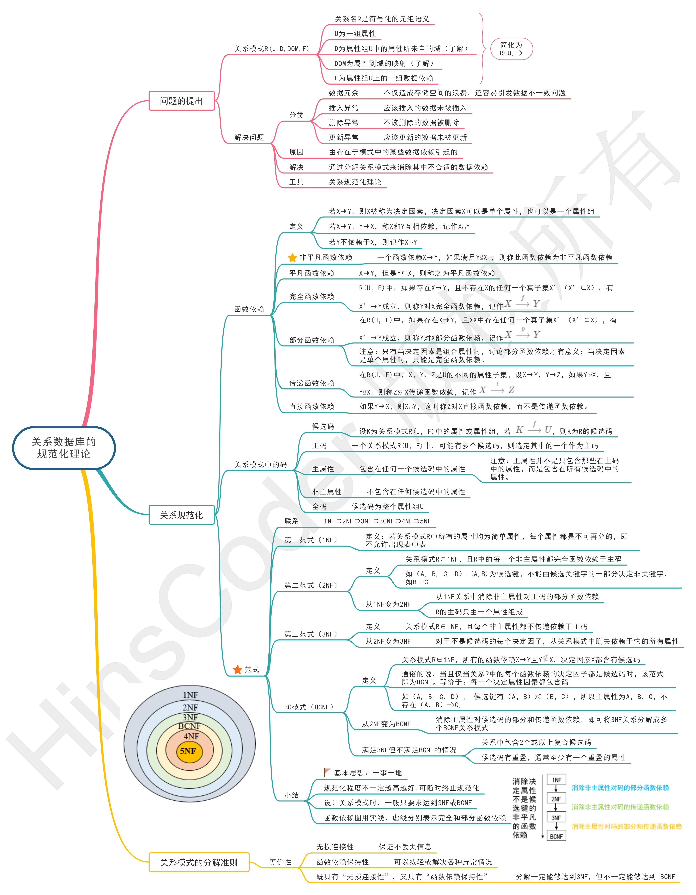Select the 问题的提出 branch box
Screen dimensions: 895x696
coord(182,101)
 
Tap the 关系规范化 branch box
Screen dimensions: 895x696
coord(182,515)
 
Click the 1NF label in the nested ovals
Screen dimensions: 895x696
coord(190,695)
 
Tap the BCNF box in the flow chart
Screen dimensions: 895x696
coord(556,836)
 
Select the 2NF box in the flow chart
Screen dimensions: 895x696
coord(556,799)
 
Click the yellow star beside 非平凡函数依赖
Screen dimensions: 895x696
coord(292,257)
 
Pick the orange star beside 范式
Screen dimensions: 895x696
coord(237,670)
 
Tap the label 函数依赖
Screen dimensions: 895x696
coord(249,309)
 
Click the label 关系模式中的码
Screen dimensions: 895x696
coord(261,464)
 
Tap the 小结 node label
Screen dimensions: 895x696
coord(292,795)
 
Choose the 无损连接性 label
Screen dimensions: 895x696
coord(335,847)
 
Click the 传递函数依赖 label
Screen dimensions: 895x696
coord(312,383)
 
